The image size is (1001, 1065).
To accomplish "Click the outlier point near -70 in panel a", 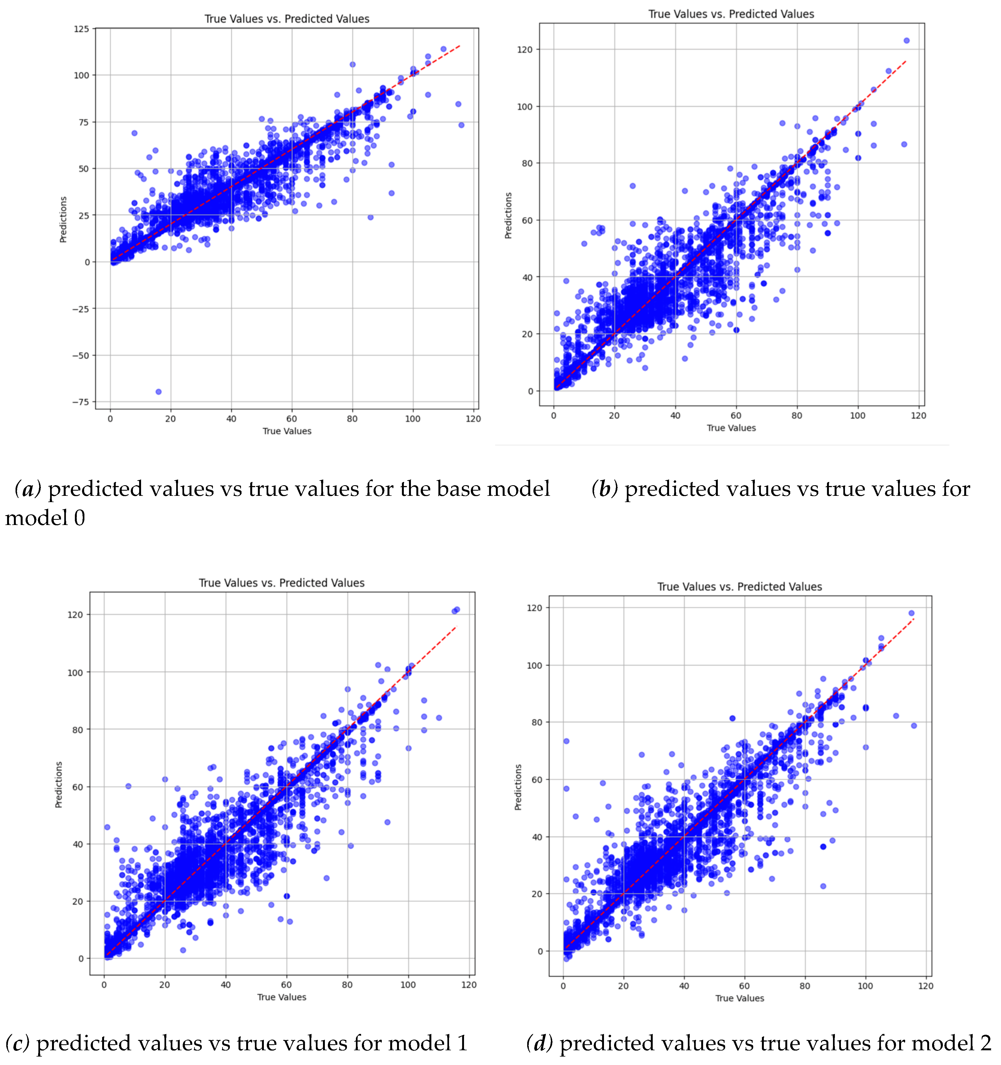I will point(158,392).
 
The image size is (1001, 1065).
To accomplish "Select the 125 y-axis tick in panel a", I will point(81,29).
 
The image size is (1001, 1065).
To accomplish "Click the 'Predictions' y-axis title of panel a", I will point(63,220).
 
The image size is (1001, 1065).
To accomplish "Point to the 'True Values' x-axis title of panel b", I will point(731,428).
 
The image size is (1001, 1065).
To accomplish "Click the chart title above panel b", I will point(731,14).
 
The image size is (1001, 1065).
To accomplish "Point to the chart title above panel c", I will point(282,583).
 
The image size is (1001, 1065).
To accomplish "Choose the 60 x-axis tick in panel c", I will point(286,985).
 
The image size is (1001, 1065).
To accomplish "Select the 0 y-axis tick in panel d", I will point(540,951).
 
